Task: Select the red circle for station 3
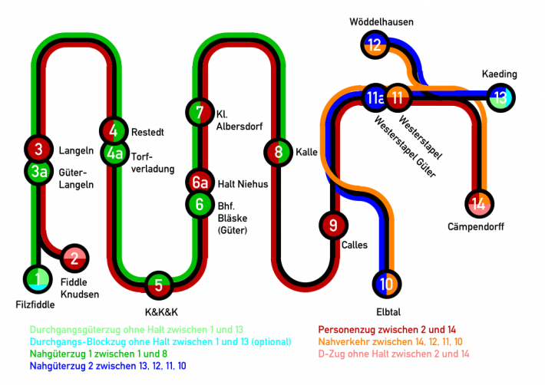[38, 147]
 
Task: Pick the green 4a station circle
[114, 153]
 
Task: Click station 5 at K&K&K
[159, 285]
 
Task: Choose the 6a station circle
[200, 183]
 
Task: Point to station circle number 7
[200, 112]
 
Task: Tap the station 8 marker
[279, 152]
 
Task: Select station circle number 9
[332, 225]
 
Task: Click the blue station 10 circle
[386, 284]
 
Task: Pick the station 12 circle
[375, 44]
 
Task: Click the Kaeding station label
[500, 74]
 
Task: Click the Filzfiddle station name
[35, 304]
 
